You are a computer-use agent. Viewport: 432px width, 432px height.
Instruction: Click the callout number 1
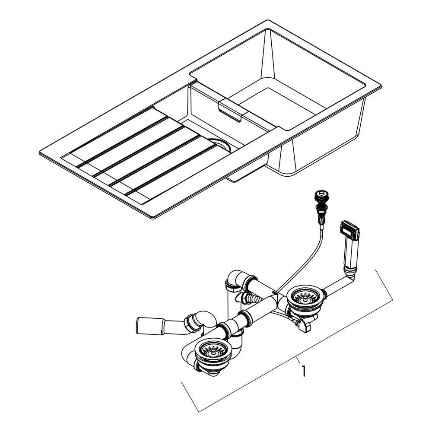(304, 371)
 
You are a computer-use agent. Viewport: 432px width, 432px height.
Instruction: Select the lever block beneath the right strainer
(303, 326)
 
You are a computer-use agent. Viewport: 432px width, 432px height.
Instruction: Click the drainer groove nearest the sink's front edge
(174, 169)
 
